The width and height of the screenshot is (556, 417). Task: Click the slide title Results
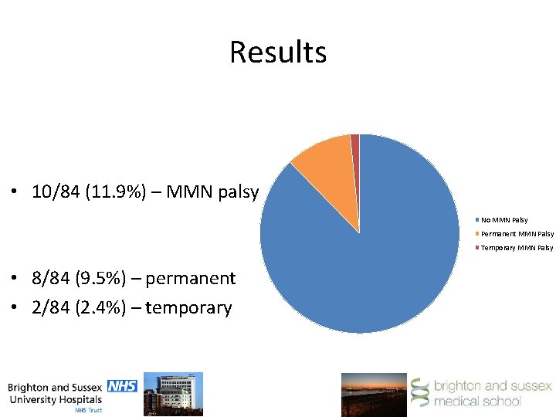click(278, 53)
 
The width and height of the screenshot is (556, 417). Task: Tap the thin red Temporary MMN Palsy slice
click(355, 154)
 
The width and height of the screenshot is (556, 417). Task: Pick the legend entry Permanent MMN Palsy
click(516, 234)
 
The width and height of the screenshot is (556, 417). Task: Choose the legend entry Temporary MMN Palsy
click(516, 248)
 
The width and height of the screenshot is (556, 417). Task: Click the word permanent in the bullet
click(190, 278)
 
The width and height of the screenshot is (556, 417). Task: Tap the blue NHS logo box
click(122, 385)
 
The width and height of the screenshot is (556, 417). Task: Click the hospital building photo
click(178, 393)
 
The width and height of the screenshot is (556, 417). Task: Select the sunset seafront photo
click(374, 394)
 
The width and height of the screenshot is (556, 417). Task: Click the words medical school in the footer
click(476, 401)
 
